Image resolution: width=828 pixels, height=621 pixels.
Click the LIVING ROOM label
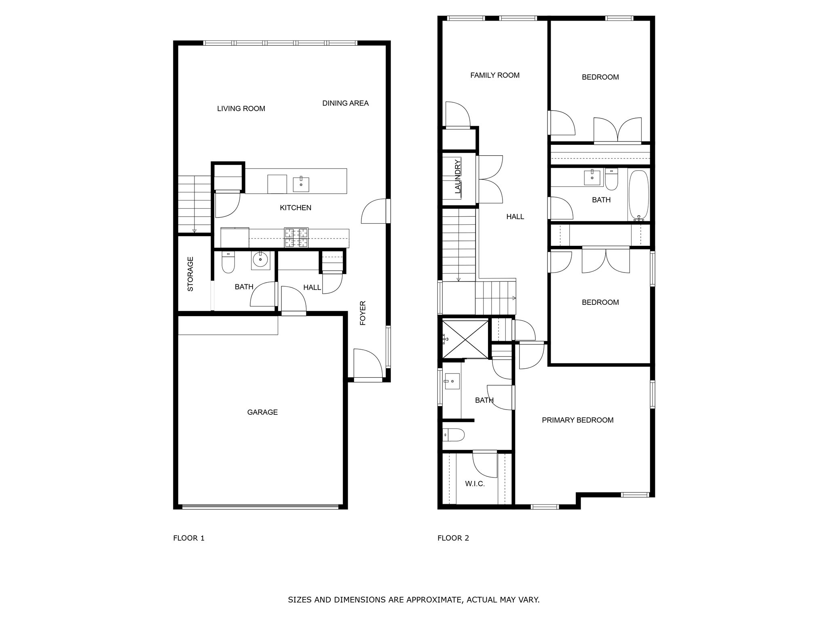pos(241,108)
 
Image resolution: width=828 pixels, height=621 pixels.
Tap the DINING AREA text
pos(345,103)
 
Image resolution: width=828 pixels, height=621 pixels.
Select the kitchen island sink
pos(301,184)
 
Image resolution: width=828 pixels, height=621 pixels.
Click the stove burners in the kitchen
pos(296,237)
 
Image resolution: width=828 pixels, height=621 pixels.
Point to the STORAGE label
pos(190,274)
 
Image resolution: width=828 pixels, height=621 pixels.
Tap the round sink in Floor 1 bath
pos(260,260)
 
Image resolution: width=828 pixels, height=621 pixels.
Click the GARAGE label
pos(262,412)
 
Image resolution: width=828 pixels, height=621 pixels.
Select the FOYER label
pos(363,313)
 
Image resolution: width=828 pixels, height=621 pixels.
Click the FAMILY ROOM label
pos(494,75)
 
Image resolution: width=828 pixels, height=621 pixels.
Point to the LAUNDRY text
pos(458,176)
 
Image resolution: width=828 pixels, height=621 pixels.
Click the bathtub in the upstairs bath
pos(638,195)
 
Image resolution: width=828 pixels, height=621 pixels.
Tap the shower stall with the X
pos(465,339)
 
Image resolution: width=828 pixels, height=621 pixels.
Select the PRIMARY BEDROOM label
pos(577,420)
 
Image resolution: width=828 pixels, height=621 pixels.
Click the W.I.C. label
pos(475,484)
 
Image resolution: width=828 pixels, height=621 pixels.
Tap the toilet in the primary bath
pos(454,435)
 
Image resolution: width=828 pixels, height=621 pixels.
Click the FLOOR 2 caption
pos(453,538)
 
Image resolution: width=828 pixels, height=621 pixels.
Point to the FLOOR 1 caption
pos(189,538)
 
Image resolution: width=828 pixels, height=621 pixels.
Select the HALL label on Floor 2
pos(515,217)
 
